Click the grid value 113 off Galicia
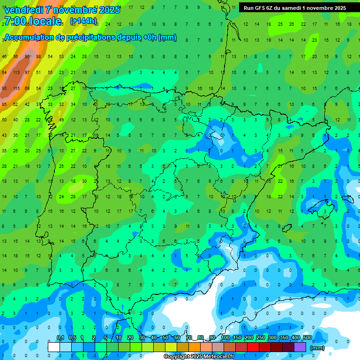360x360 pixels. (16, 72)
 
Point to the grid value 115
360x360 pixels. (16, 88)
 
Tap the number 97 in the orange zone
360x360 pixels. (27, 72)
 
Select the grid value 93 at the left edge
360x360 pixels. (4, 88)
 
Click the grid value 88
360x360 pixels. (38, 57)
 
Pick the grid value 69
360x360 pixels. (27, 88)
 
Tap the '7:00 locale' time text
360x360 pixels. (32, 21)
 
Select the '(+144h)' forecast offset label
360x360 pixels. (83, 21)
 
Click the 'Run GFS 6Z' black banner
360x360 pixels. (294, 7)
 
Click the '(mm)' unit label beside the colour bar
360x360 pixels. (317, 348)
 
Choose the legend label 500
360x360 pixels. (307, 337)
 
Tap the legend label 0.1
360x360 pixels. (60, 337)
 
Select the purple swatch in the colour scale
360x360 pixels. (300, 347)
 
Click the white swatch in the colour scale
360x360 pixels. (54, 347)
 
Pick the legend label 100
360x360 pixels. (225, 337)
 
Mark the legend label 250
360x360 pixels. (260, 337)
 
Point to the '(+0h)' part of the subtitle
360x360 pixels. (148, 37)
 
